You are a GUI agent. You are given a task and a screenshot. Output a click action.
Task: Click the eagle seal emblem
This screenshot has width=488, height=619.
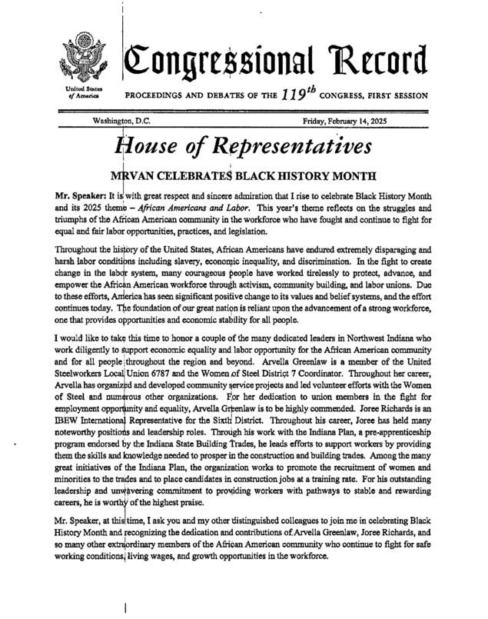coord(80,58)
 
